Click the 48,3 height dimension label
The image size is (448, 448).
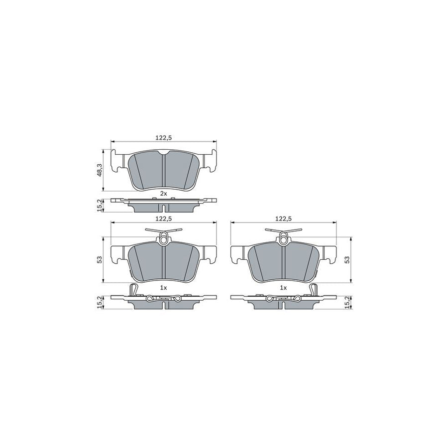pos(100,171)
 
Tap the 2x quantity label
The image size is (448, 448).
pos(163,193)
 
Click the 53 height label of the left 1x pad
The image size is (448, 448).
pos(100,259)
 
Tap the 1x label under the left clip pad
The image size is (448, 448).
pos(163,288)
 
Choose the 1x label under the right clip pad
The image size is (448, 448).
pos(283,288)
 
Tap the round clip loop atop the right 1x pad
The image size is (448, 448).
pos(283,239)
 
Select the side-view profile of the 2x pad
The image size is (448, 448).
pos(163,204)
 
